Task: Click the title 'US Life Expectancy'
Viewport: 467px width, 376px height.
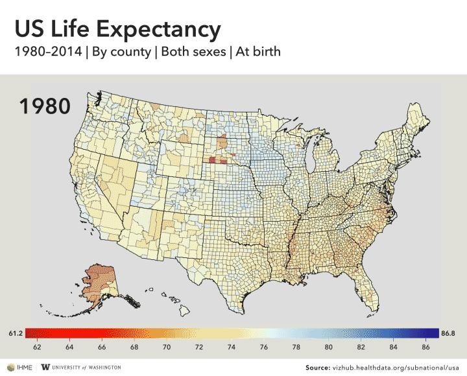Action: point(117,29)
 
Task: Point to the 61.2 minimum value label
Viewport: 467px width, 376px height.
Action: point(16,333)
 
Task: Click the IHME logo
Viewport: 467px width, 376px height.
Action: point(17,367)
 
